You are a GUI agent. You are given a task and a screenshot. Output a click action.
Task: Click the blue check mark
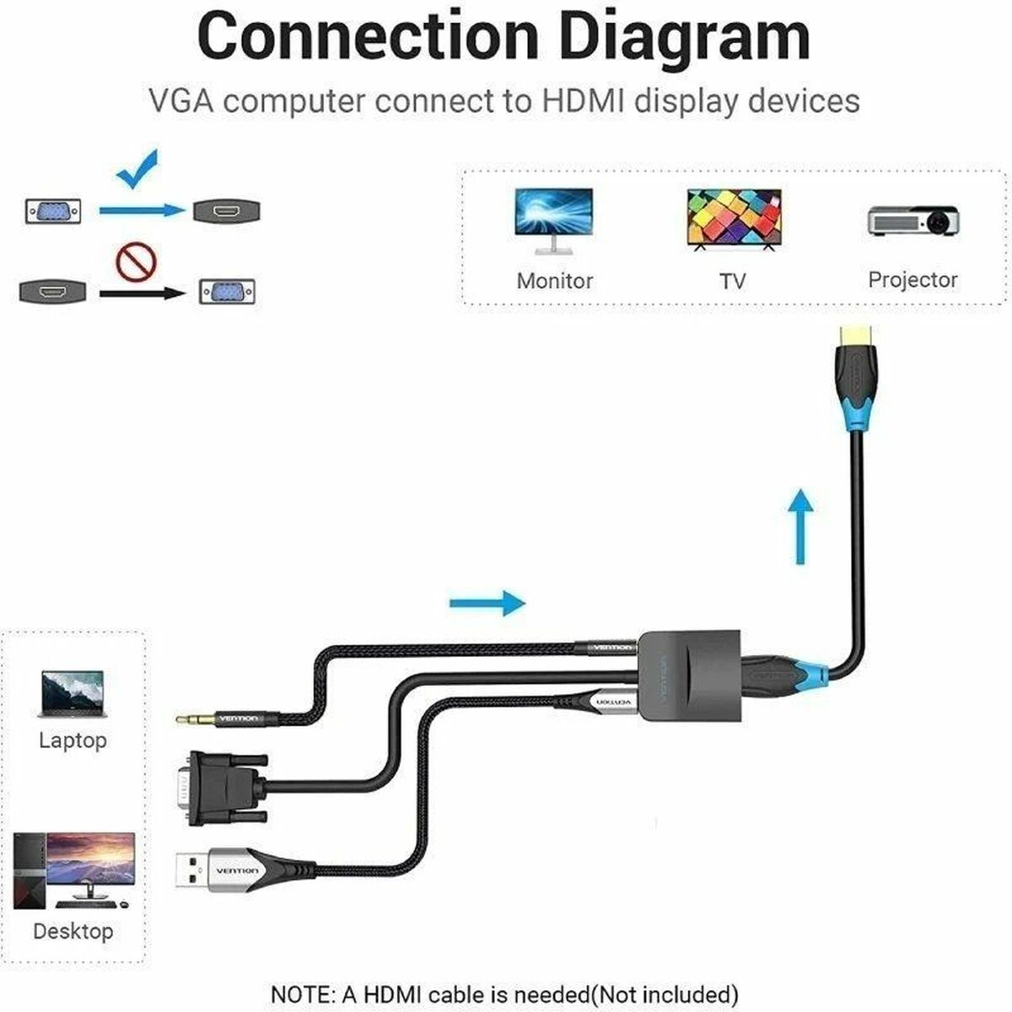137,169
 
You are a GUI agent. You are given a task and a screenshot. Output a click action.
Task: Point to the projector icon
914,220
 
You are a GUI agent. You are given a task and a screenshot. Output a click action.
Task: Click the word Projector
912,280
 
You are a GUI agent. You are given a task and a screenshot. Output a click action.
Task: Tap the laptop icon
73,693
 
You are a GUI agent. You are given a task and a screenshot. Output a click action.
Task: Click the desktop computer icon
74,870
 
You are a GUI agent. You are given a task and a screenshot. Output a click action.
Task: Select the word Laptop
73,740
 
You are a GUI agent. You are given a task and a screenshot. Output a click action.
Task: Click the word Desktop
73,931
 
